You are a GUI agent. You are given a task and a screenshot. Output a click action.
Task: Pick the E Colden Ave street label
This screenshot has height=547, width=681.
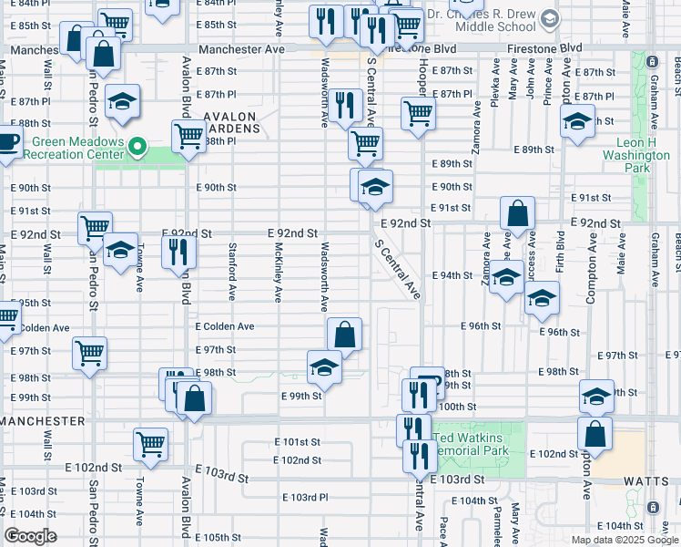pyautogui.click(x=223, y=326)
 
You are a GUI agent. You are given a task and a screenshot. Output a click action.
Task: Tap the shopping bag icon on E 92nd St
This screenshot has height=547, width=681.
pyautogui.click(x=517, y=214)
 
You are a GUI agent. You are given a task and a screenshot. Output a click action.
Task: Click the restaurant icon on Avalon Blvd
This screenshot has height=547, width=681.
pyautogui.click(x=179, y=250)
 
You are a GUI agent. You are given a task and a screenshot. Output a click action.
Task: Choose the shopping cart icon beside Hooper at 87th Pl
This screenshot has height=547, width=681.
pyautogui.click(x=418, y=113)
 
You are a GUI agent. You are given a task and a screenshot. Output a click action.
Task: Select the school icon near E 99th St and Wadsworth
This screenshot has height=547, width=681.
pyautogui.click(x=324, y=366)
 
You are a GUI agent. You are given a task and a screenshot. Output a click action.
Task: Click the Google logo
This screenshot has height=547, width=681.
pyautogui.click(x=31, y=537)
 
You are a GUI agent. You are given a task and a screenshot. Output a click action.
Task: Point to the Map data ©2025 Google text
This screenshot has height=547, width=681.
pyautogui.click(x=625, y=540)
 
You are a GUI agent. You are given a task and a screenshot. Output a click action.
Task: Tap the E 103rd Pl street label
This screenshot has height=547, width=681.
pyautogui.click(x=304, y=497)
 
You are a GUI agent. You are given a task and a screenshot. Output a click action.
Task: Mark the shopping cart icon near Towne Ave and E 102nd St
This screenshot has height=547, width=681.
pyautogui.click(x=151, y=444)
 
